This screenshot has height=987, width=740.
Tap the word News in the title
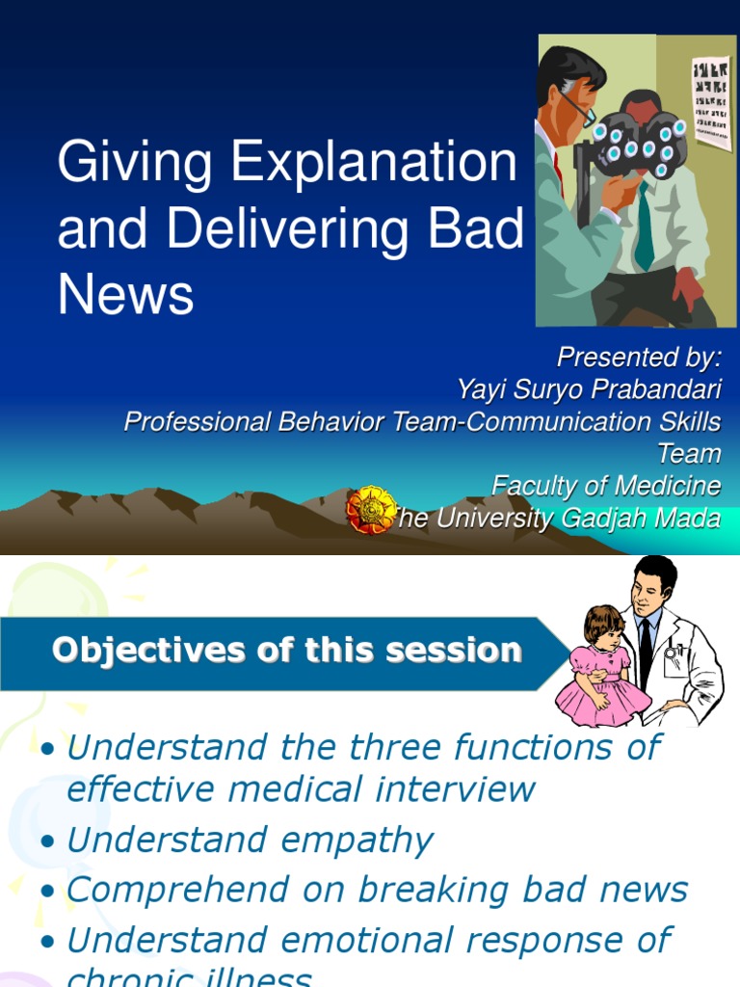pos(125,295)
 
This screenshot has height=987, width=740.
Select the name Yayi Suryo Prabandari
pos(589,389)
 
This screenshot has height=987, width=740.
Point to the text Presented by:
pos(639,358)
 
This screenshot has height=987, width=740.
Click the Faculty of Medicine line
pos(606,486)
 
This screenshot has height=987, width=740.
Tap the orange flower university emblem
pos(371,510)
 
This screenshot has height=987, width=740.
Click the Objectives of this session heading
pos(286,651)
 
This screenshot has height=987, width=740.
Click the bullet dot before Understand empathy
pos(48,842)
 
